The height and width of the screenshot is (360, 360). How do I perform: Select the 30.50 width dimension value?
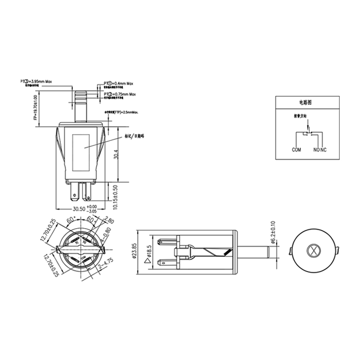point(79,209)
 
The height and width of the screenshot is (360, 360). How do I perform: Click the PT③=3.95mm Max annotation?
point(37,81)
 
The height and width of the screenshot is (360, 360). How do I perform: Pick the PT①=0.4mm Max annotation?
point(119,84)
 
